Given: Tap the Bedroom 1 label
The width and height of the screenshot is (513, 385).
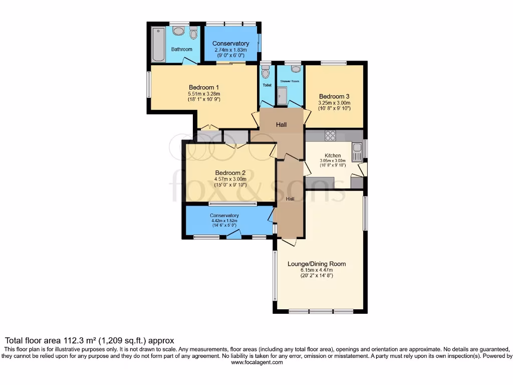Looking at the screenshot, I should pos(204,87).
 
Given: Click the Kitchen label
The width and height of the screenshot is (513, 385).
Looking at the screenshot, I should pos(333,155).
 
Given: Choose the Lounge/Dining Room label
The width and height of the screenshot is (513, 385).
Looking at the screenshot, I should pos(317,264).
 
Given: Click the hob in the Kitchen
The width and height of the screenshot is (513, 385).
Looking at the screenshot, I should pos(330,135).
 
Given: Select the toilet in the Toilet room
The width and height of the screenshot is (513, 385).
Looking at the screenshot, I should pos(266,72).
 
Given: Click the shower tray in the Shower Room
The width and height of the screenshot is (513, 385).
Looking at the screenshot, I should pos(283,96).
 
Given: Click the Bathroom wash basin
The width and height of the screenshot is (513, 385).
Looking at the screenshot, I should pos(178,31).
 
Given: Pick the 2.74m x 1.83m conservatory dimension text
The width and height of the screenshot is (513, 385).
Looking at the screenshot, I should pos(230,50).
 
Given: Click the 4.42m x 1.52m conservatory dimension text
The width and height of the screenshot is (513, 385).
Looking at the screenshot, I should pos(224,221).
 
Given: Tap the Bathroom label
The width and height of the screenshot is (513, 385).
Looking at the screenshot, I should pos(181,49).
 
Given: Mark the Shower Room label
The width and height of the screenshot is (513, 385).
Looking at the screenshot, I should pos(290,81).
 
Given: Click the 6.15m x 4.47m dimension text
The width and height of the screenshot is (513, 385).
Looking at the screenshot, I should pos(317,270).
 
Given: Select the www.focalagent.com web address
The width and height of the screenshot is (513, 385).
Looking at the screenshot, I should pos(256,362).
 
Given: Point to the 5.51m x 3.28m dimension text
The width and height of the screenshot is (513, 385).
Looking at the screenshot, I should pos(204,93).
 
